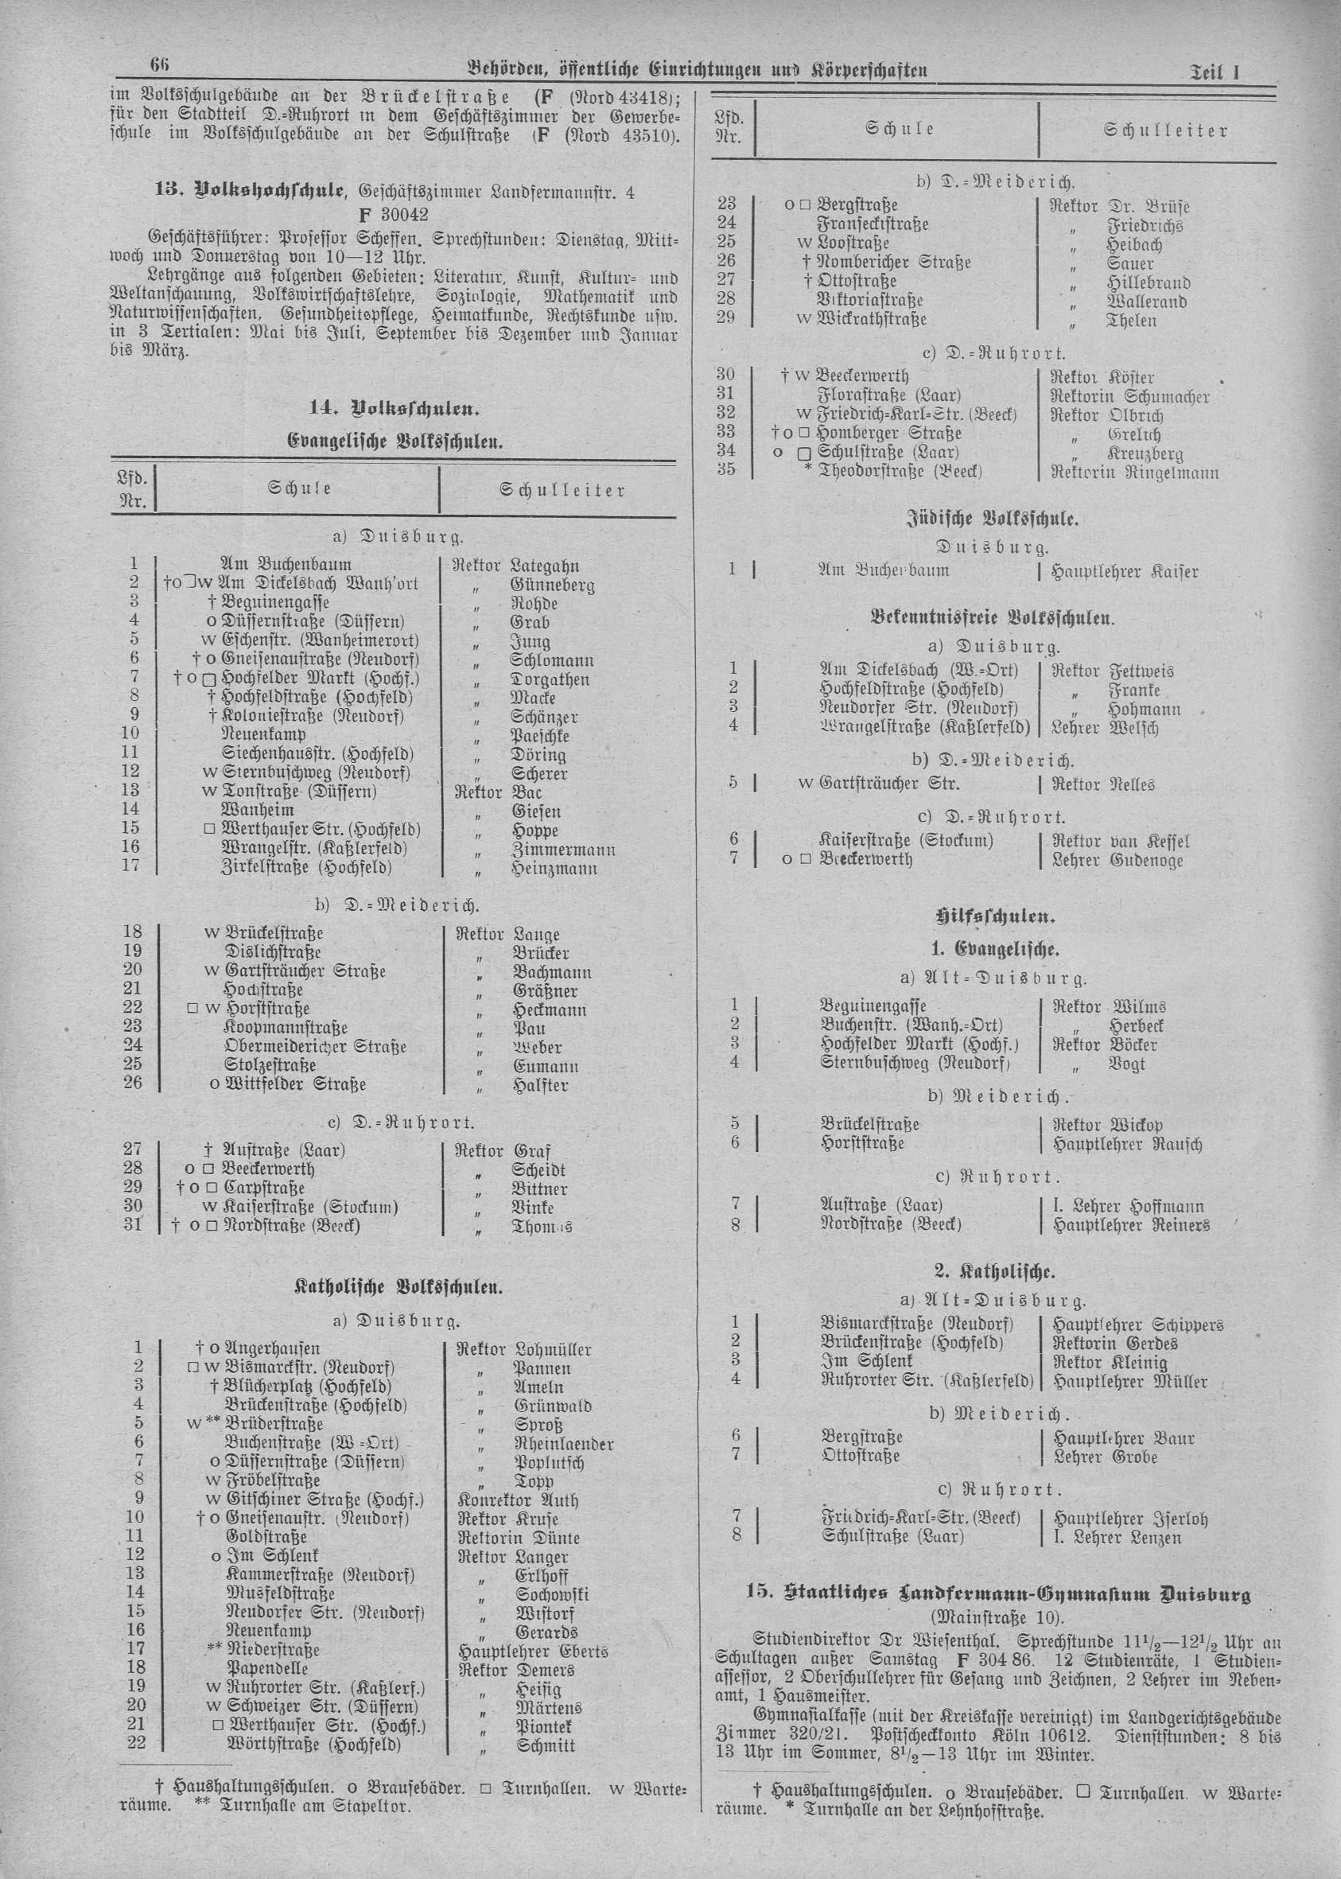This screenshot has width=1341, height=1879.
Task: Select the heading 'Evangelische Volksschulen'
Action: (395, 441)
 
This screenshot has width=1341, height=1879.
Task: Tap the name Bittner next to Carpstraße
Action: (539, 1188)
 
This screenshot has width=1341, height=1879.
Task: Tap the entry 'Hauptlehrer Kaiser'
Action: (1124, 570)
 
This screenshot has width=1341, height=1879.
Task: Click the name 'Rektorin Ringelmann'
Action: (1133, 473)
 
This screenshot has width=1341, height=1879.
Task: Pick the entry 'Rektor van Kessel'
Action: (1120, 842)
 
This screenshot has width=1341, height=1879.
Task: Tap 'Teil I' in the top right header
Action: (1217, 72)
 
